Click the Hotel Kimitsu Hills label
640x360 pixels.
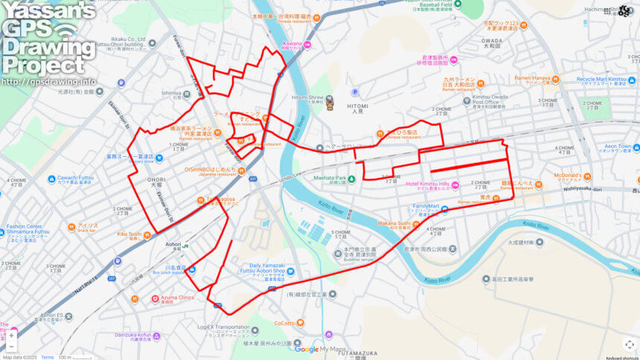(427, 184)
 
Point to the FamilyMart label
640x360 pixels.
(427, 208)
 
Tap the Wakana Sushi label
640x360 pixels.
(394, 223)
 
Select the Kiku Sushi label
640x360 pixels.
(129, 234)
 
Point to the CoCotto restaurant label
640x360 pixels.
(284, 323)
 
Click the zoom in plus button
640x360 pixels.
(12, 335)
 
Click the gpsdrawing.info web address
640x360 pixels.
(48, 82)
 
